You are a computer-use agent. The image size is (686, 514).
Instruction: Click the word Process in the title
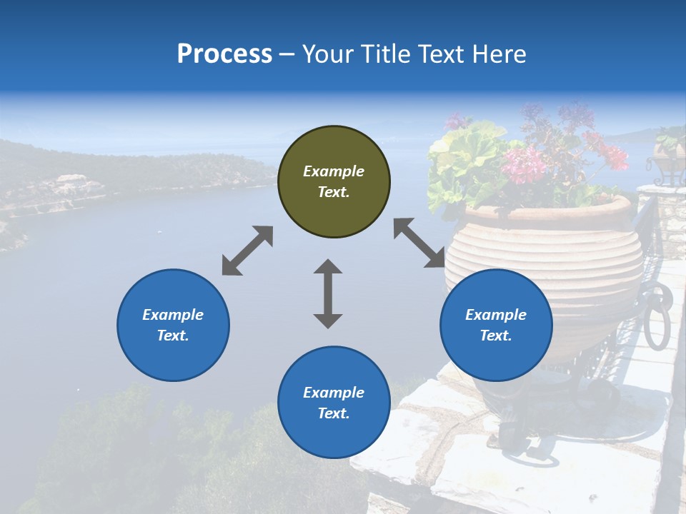(x=224, y=54)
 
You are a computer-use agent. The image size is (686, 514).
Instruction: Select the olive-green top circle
(x=334, y=181)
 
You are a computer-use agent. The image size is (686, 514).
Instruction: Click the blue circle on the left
(x=173, y=325)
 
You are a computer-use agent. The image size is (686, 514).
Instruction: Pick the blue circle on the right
(x=496, y=325)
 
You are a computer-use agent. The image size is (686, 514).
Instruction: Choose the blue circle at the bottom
(x=334, y=402)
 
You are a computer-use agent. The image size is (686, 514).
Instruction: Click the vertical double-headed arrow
(x=328, y=293)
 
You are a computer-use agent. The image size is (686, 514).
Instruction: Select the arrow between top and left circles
(x=247, y=251)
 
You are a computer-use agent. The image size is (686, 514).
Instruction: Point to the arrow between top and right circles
(x=419, y=243)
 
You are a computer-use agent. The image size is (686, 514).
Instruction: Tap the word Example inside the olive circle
(x=334, y=171)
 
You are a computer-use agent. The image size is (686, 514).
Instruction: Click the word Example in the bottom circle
(x=334, y=393)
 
